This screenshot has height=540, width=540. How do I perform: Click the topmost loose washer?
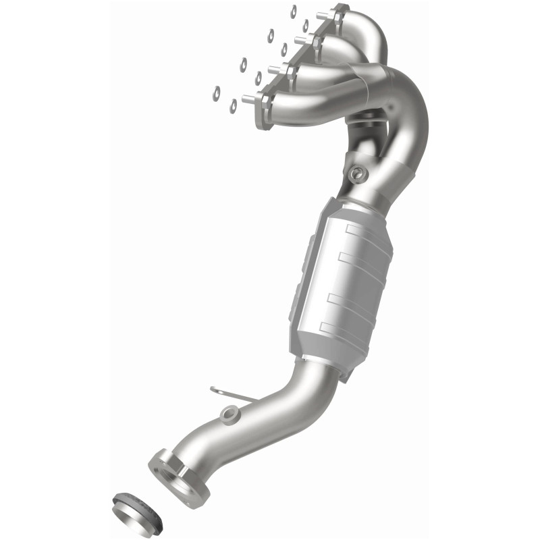point(294,10)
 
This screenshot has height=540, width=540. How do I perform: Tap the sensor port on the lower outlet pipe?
point(232,412)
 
